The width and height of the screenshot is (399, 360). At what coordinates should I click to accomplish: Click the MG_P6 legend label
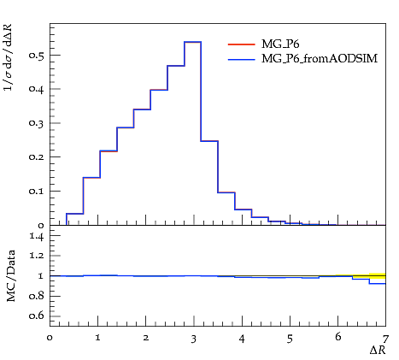[x=280, y=44]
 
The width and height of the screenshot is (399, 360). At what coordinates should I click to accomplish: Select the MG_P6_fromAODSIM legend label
[x=320, y=59]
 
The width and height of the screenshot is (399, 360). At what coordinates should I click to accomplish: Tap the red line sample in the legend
[x=242, y=44]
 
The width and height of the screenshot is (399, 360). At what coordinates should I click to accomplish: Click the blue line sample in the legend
[x=242, y=59]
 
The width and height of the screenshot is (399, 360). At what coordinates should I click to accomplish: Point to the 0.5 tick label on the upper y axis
[x=36, y=56]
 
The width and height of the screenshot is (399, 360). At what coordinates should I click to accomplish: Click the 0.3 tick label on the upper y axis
[x=36, y=123]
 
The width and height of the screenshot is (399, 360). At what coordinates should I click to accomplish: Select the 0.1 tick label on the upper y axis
[x=36, y=191]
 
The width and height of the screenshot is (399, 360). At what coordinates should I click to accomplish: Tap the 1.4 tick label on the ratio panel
[x=37, y=236]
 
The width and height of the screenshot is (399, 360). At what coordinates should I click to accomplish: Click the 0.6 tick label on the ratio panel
[x=37, y=316]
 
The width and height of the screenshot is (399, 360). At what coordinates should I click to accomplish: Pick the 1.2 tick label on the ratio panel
[x=37, y=256]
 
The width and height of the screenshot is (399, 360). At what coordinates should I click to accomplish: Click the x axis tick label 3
[x=194, y=339]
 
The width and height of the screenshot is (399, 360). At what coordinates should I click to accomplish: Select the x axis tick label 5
[x=290, y=339]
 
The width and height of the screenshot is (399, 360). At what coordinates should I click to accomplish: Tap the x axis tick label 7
[x=385, y=339]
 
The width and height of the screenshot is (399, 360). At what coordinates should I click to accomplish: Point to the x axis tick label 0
[x=50, y=339]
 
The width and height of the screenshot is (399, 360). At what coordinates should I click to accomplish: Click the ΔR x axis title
[x=378, y=350]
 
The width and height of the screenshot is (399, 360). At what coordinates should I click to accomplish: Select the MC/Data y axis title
[x=11, y=276]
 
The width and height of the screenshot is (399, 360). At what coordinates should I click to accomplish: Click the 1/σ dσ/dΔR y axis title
[x=8, y=57]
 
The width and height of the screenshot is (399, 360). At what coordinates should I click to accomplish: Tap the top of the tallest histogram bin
[x=193, y=42]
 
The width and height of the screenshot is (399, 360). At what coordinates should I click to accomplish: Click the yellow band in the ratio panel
[x=378, y=276]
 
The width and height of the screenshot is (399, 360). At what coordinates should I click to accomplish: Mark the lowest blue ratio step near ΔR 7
[x=378, y=283]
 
